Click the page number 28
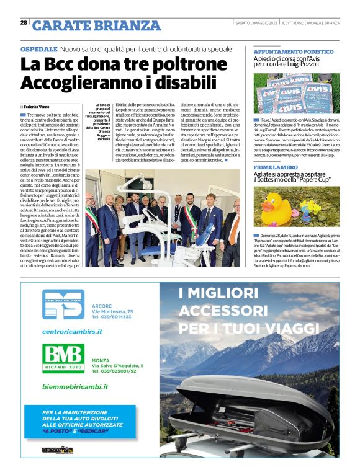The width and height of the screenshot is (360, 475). coord(24,23)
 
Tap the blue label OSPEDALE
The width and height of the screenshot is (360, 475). coord(39,48)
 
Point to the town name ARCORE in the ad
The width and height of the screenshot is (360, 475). coord(101,306)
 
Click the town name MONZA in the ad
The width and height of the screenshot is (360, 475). coord(101,343)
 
